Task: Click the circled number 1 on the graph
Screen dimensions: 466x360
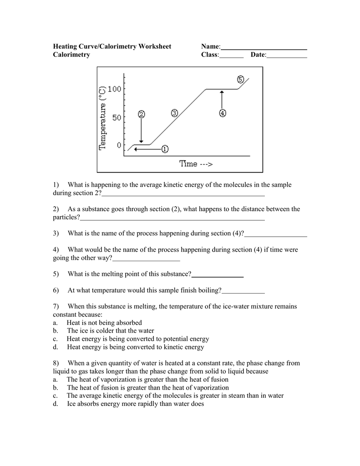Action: click(164, 148)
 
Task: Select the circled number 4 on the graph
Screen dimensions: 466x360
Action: click(222, 113)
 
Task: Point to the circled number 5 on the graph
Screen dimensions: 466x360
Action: click(240, 79)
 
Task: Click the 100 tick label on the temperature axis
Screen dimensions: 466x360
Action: click(114, 89)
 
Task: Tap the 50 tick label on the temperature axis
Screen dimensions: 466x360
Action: click(117, 117)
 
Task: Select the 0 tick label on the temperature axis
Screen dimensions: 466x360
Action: click(119, 145)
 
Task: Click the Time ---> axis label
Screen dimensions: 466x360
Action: click(196, 164)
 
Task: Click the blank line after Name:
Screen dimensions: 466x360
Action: click(264, 47)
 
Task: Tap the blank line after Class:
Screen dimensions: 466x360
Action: click(232, 55)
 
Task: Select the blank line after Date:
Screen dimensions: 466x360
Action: click(287, 55)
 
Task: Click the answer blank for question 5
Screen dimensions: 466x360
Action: click(218, 274)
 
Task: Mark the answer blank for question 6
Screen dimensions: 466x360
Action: click(243, 291)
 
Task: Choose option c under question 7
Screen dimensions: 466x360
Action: click(137, 339)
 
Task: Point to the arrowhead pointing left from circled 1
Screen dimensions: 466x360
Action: click(136, 148)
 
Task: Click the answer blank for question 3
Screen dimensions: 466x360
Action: click(276, 234)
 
